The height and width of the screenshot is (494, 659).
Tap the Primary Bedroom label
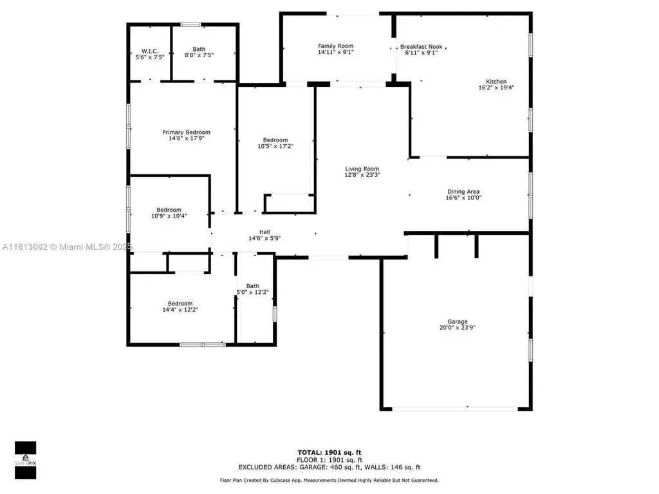pos(186,132)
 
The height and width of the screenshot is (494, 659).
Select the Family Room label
pos(335,46)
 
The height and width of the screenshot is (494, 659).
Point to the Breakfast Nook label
pos(422,46)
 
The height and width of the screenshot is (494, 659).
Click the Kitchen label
pos(496,82)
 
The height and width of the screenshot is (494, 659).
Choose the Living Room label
pos(362,169)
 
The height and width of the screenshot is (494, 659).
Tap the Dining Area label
pos(463,192)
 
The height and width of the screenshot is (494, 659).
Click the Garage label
pos(458,322)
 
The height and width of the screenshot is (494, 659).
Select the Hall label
pos(265,232)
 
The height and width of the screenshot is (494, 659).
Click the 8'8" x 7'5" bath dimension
pos(199,56)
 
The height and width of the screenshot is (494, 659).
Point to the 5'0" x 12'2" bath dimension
pos(252,293)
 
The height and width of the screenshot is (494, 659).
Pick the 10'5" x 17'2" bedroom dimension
pos(275,147)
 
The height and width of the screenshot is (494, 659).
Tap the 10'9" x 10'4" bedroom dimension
pos(169,216)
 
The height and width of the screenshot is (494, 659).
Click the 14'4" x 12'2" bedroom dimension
pos(180,310)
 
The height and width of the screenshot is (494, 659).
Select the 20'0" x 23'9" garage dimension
pos(458,328)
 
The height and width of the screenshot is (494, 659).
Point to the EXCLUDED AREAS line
pos(329,467)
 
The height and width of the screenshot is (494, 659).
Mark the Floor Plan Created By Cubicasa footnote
pos(329,480)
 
